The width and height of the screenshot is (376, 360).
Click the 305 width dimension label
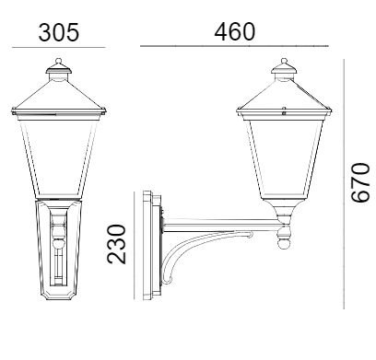pos(59,32)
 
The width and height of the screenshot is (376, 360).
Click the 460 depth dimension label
pos(235,31)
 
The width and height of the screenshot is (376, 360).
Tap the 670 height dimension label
pos(360,182)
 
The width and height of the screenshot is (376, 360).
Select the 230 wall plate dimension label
pos(116,244)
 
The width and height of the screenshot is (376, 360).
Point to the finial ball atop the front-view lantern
pos(58,61)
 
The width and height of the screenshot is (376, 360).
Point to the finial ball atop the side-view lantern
pos(284,61)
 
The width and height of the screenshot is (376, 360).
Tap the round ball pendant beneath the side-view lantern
pos(284,244)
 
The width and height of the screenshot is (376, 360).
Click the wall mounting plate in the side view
pos(152,245)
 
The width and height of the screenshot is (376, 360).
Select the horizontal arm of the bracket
pos(223,226)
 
